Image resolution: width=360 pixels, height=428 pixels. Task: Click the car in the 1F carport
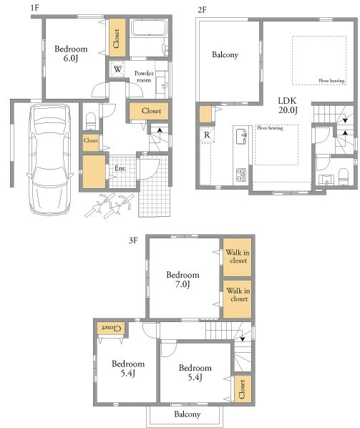coord(49,159)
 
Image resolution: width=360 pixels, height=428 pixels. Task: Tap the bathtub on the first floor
coord(149,28)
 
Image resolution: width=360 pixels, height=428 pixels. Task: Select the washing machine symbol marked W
coord(117,69)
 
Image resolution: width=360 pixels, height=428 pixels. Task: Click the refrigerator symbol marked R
coord(207,135)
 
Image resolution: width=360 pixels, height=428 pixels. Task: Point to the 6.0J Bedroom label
coord(71,54)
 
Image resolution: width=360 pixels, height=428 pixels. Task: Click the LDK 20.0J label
coord(288,105)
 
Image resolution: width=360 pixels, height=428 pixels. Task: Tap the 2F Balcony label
coord(225,54)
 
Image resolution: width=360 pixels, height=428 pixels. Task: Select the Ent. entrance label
coord(120,168)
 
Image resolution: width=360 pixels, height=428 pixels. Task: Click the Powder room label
coord(144,77)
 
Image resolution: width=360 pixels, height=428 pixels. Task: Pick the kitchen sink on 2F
coord(242,136)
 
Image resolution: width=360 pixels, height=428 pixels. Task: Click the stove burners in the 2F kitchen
coord(241,175)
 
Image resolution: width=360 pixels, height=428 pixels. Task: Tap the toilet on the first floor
coord(91,121)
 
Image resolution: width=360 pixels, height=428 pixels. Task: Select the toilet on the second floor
coord(344,177)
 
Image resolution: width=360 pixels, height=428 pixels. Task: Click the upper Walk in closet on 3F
coord(237,258)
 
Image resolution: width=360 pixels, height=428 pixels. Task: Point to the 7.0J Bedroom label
coord(183,280)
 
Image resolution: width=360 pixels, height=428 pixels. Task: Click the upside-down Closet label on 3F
coord(111,328)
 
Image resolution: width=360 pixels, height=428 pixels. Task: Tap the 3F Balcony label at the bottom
coord(188,414)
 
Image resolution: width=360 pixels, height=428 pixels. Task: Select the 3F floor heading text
coord(133,240)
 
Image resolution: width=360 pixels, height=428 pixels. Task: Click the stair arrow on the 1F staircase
coord(160,130)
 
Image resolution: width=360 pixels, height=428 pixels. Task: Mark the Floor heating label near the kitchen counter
coord(270,127)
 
